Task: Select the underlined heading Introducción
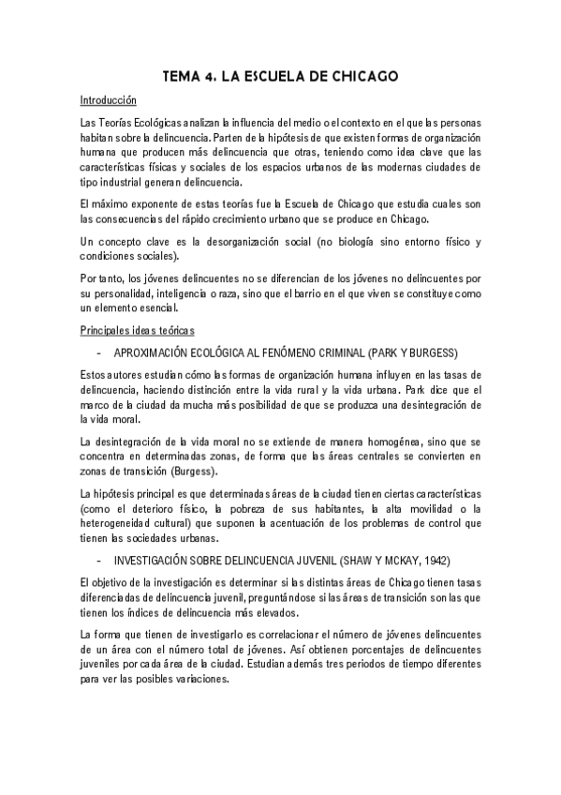tap(109, 99)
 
